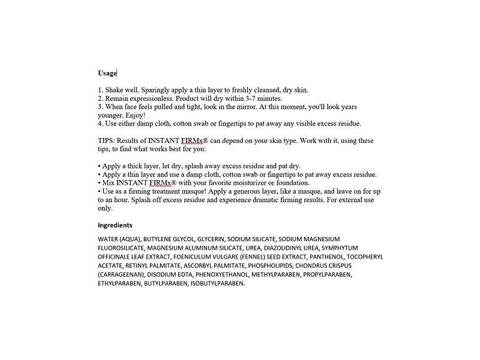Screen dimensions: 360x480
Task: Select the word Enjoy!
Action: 134,115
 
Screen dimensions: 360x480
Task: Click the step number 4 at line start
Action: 100,124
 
